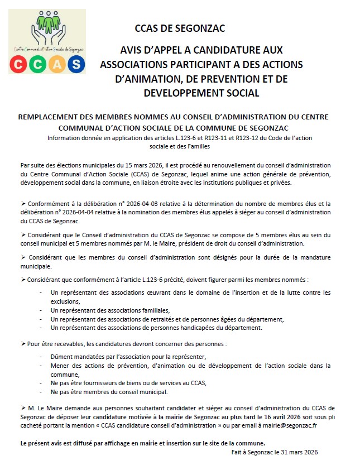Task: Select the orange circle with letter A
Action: [56, 64]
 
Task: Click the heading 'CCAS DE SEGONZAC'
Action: [180, 28]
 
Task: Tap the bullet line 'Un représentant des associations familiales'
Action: [109, 310]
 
